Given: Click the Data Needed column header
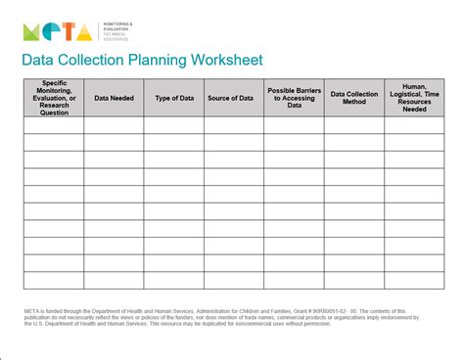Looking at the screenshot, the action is (x=114, y=98).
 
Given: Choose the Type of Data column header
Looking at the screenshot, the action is (x=173, y=98).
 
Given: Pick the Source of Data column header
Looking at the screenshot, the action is (x=233, y=98).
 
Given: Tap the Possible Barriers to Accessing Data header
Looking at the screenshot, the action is (x=294, y=98).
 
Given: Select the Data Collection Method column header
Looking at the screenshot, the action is (x=353, y=98).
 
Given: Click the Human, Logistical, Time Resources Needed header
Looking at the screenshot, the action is (x=414, y=98).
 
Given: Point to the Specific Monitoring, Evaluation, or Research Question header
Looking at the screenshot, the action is (x=53, y=98).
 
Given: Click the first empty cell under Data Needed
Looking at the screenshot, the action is (x=114, y=124).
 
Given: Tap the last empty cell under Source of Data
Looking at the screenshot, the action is (x=233, y=281).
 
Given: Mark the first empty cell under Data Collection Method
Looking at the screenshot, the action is (x=353, y=124).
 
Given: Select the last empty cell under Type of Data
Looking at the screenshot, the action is (x=173, y=281).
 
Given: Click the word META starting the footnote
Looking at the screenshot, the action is (x=32, y=311).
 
